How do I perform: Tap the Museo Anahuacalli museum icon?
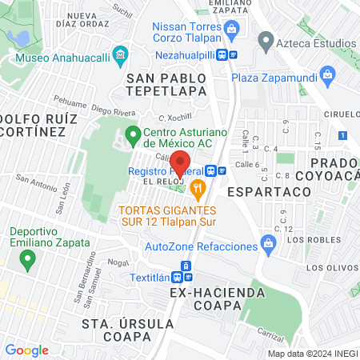click(121, 55)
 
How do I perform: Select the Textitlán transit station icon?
click(186, 266)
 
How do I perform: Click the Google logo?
click(26, 350)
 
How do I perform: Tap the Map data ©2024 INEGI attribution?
click(311, 354)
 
